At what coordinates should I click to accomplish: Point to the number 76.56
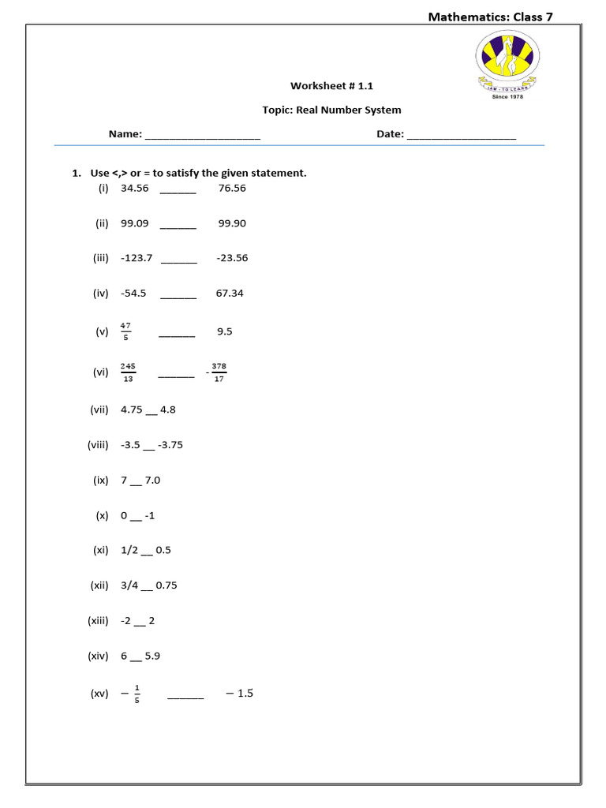pos(232,189)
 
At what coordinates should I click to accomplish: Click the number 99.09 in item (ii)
pos(134,223)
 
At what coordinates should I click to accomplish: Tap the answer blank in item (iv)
pos(178,294)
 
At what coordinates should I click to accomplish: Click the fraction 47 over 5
pos(125,331)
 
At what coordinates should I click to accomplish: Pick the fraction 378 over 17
pos(219,372)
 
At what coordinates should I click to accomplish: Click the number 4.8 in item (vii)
pos(168,410)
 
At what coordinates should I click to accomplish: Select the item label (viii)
pos(98,445)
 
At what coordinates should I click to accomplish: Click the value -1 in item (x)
pos(150,515)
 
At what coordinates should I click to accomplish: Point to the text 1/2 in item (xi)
pos(129,550)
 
